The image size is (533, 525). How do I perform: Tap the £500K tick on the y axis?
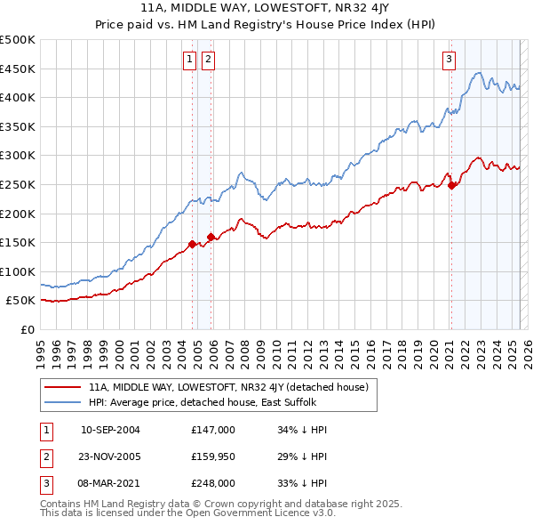[18, 40]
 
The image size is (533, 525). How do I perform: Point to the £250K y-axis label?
[18, 184]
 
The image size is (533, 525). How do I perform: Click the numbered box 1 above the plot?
[190, 60]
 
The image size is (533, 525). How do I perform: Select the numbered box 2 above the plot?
[208, 60]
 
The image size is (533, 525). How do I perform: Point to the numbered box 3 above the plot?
[449, 60]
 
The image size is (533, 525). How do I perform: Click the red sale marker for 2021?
[452, 185]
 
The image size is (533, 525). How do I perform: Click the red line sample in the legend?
[63, 387]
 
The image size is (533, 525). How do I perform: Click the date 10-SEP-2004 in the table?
[110, 430]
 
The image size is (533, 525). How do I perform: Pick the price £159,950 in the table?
[213, 456]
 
